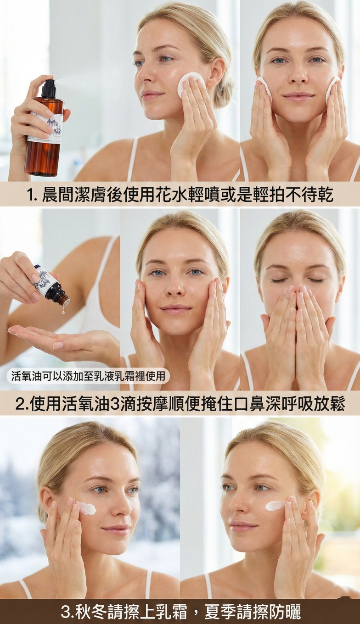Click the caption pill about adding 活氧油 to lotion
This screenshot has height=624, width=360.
tap(88, 376)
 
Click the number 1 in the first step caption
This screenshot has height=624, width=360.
tap(31, 195)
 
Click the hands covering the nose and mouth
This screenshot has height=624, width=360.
tap(297, 323)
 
